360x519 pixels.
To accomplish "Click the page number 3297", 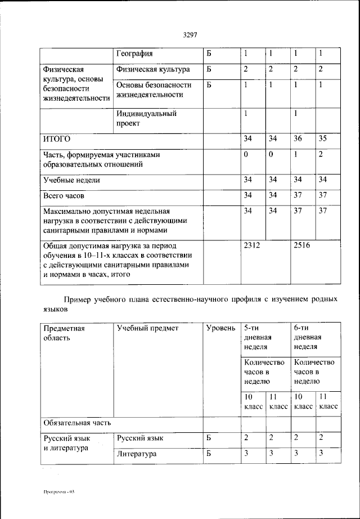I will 190,35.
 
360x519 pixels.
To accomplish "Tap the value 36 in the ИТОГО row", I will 296,138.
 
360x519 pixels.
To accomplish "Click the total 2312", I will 251,246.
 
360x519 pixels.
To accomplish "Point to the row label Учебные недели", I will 72,180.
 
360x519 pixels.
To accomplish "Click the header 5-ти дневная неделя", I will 258,337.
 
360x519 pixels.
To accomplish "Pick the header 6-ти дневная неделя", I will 308,337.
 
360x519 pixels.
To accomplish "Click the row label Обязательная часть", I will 77,422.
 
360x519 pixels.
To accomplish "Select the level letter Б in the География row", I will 209,54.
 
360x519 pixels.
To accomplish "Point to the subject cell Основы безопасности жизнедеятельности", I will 154,90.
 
